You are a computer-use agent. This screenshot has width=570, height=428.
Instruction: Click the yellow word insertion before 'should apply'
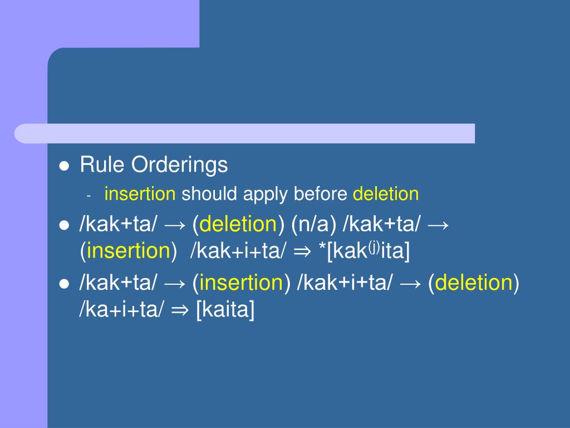[x=140, y=194]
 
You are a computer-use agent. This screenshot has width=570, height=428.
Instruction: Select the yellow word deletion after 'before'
[x=386, y=194]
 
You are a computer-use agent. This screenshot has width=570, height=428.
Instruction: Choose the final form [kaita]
[x=225, y=310]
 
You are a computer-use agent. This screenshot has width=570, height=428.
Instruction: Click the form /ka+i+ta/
[x=121, y=310]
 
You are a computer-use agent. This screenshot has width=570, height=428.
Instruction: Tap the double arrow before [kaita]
[x=180, y=310]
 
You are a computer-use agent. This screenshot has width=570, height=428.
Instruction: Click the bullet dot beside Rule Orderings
[x=64, y=166]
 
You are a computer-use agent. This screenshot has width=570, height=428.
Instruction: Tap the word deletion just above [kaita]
[x=474, y=283]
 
